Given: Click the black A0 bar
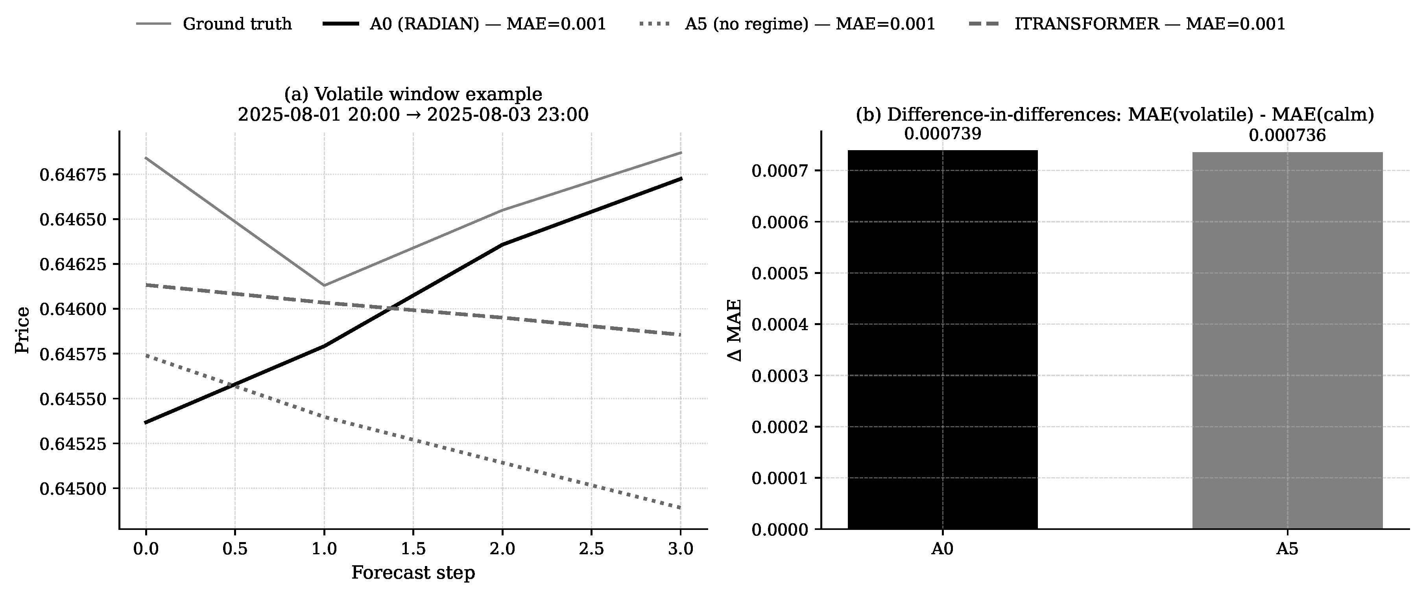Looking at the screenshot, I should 943,340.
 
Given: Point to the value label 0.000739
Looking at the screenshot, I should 943,134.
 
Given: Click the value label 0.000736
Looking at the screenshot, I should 1287,136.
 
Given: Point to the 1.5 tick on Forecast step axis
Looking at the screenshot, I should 413,549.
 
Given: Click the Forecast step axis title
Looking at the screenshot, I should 413,573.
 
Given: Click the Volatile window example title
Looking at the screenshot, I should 413,94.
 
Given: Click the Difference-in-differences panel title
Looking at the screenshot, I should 1115,114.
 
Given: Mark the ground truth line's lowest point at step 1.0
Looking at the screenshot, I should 324,285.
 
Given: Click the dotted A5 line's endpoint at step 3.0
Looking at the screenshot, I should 680,507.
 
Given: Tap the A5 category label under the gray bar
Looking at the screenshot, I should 1287,550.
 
